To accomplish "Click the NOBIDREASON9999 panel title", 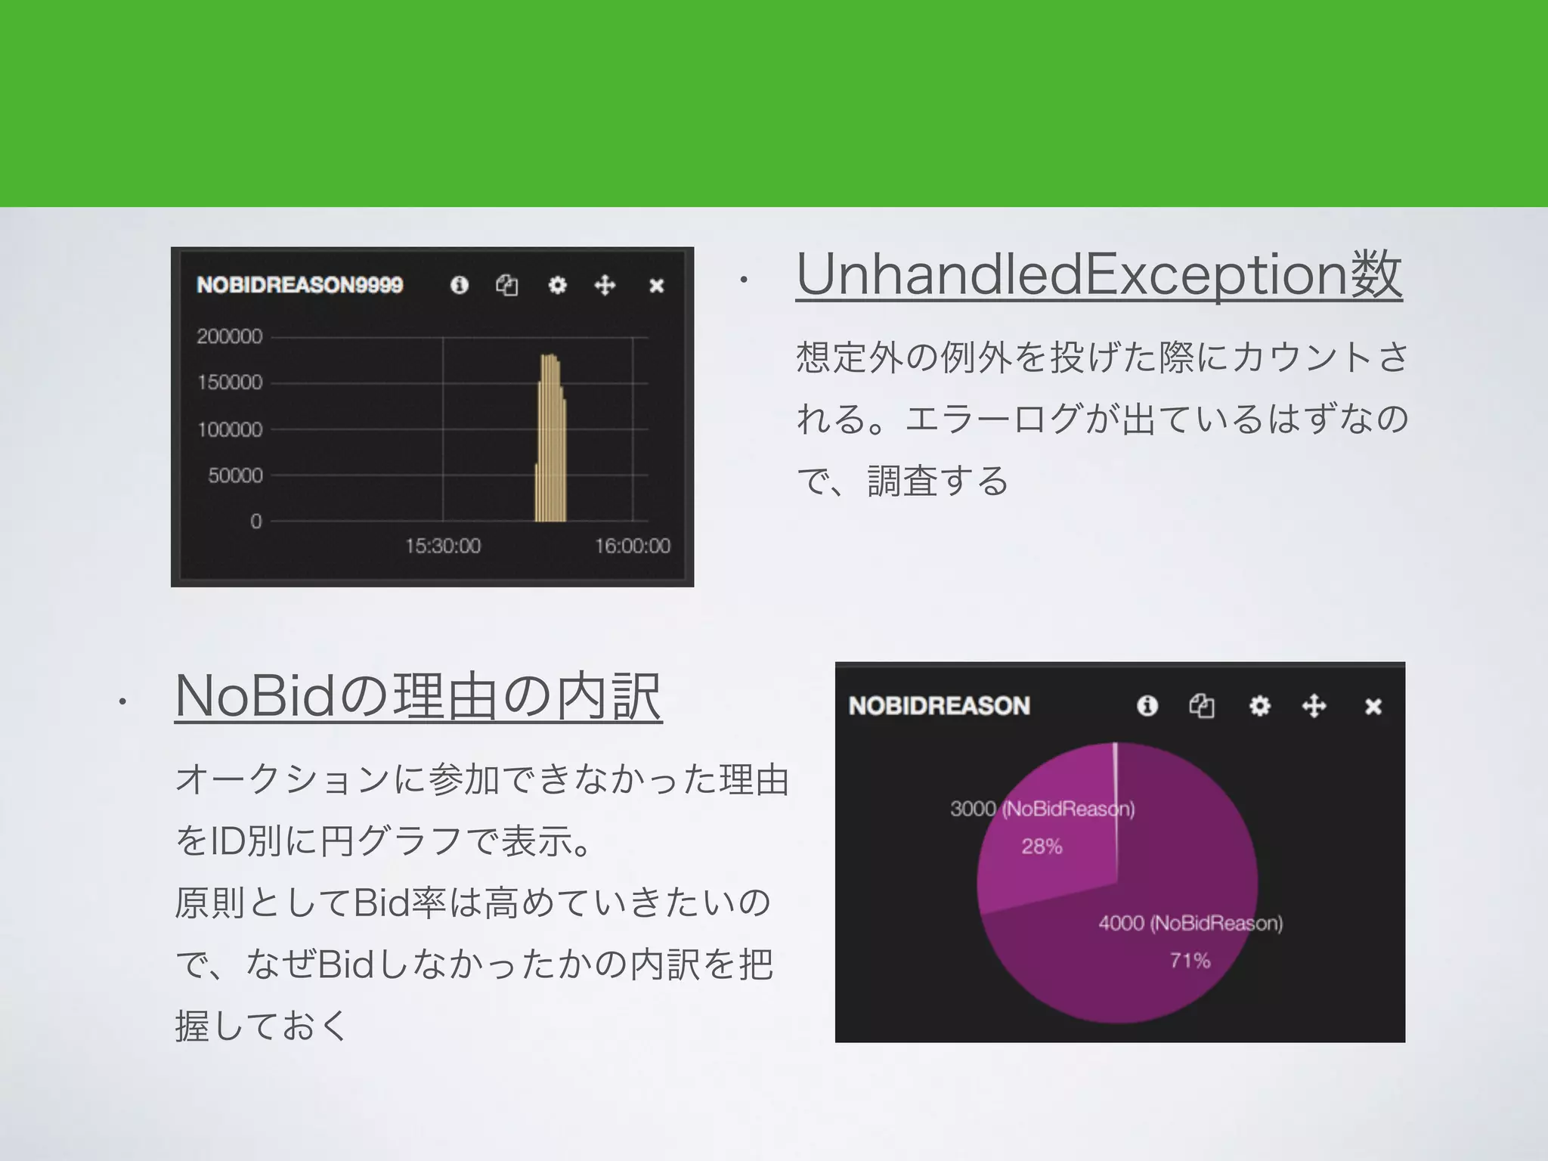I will point(299,285).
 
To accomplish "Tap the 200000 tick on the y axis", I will point(230,336).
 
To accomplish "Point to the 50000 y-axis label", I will point(235,475).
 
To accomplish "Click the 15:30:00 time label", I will point(443,546).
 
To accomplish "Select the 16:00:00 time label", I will point(632,546).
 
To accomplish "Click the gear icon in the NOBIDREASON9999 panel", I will point(557,285).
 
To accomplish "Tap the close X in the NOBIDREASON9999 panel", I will point(656,286).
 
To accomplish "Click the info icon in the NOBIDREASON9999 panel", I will point(459,285).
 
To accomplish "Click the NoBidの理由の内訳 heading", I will point(418,696).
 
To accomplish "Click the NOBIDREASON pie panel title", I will point(939,706).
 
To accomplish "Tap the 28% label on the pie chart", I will point(1042,847).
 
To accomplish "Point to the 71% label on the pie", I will point(1190,961).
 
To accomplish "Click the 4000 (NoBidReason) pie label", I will point(1190,923).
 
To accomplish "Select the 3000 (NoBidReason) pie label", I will point(1042,809).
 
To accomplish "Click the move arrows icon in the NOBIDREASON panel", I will point(1314,706).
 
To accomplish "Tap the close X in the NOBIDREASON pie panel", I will point(1373,706).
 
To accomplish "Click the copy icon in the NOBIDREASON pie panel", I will point(1202,706).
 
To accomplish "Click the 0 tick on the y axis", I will point(256,522).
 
